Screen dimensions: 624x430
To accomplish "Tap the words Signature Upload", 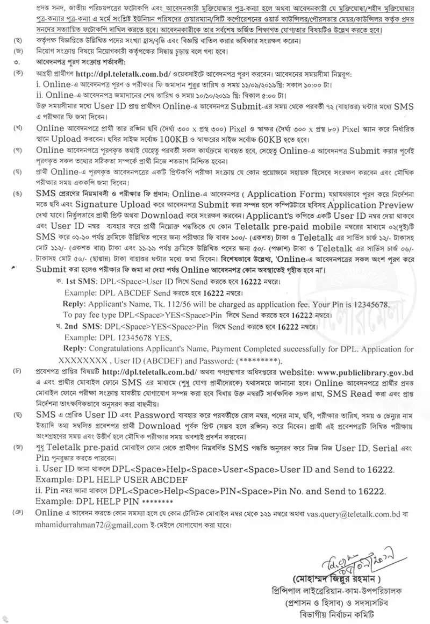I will (126, 205).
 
